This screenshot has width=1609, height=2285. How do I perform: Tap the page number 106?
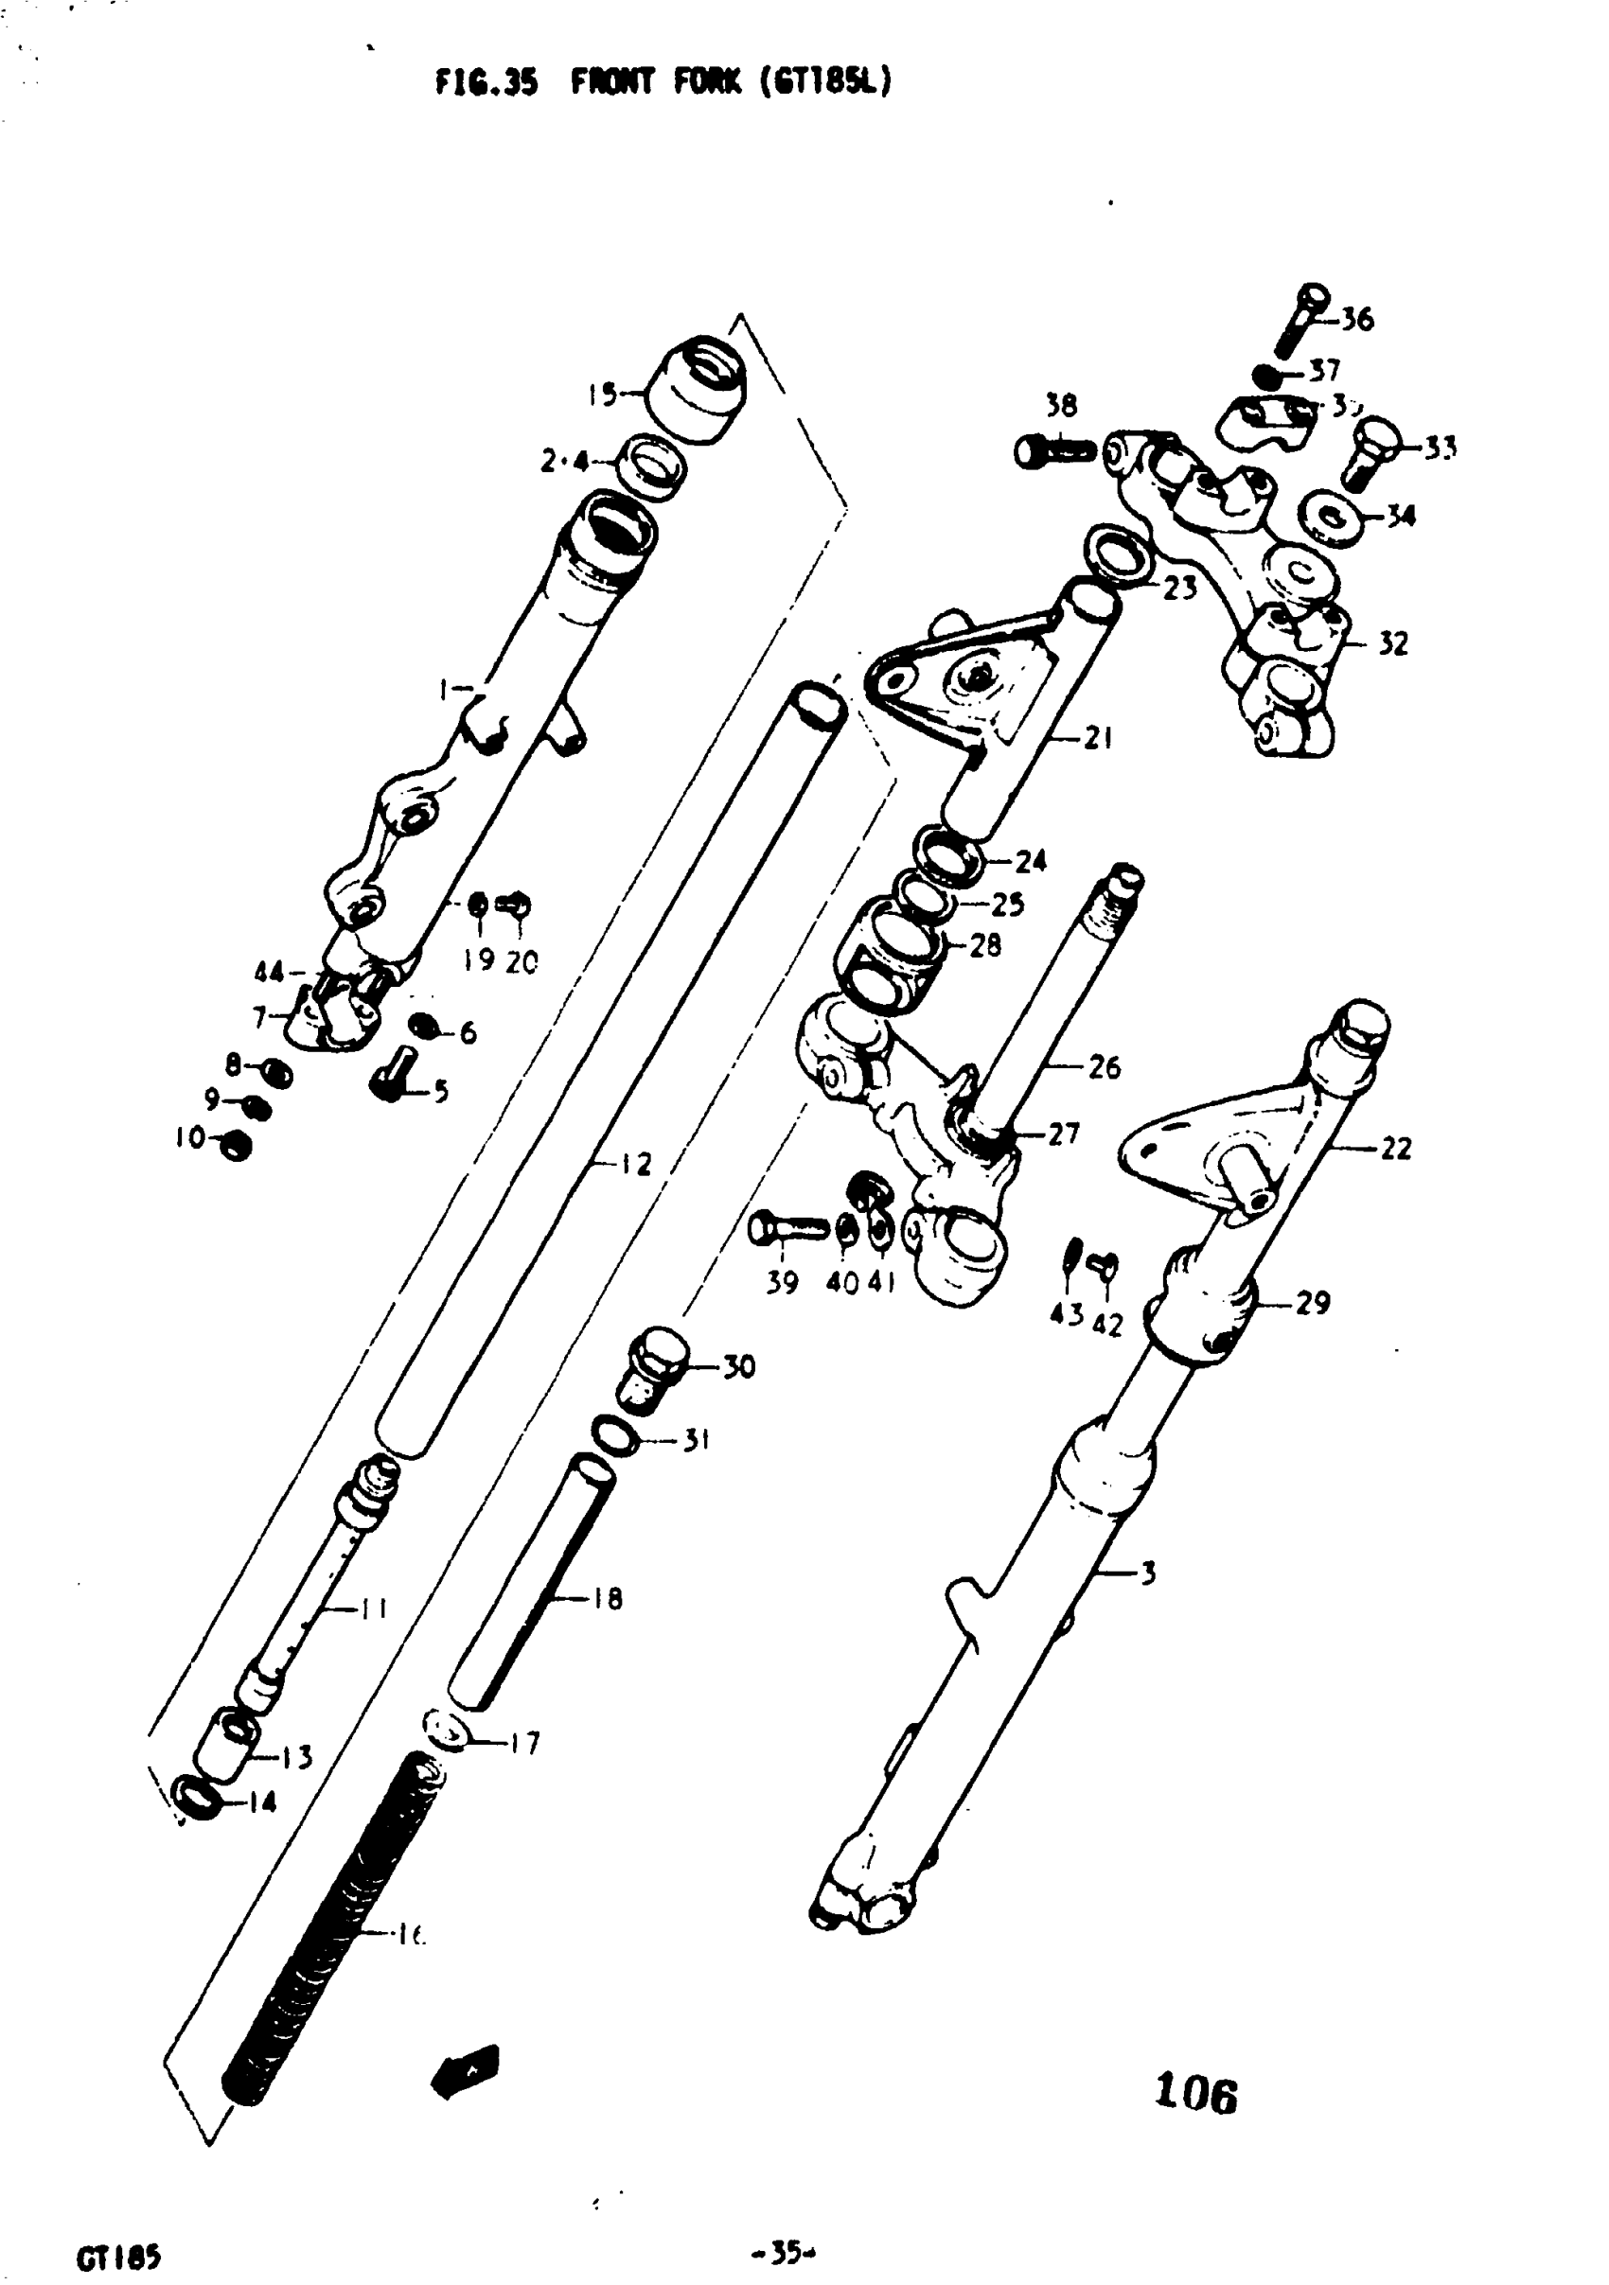[1194, 2092]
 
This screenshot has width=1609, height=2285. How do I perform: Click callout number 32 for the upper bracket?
[1392, 644]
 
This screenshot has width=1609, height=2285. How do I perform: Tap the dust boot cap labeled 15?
[695, 390]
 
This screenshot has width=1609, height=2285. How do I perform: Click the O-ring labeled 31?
[615, 1438]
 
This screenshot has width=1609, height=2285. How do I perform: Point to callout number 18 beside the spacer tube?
[607, 1599]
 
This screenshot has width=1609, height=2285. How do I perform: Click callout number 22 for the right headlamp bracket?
[1395, 1149]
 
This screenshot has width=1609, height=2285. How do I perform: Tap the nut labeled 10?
[235, 1146]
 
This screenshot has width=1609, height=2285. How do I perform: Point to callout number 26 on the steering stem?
[1104, 1067]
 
